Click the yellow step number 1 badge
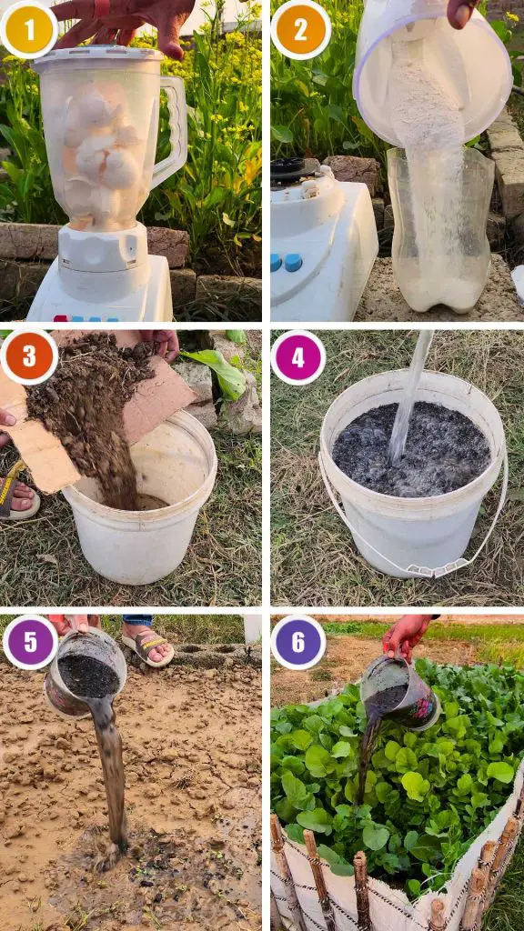tap(29, 30)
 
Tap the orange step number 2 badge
tap(300, 30)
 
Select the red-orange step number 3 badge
tap(29, 357)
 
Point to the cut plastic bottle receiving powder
tap(440, 228)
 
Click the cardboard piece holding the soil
tap(89, 411)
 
